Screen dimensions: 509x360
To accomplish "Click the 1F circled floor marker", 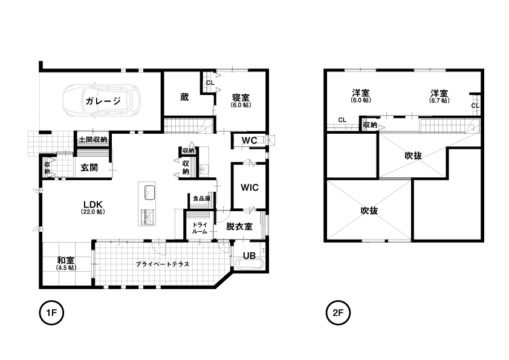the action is point(51,313).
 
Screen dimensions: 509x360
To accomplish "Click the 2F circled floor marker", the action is point(338,313).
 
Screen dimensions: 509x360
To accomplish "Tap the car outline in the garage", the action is point(102,100).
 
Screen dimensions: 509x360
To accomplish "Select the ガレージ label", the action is point(103,100).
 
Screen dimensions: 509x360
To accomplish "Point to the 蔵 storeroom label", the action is point(184,97).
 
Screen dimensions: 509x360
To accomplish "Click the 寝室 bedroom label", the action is point(241,97).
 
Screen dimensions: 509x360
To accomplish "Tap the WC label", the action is point(249,140).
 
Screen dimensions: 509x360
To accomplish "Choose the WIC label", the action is point(250,188).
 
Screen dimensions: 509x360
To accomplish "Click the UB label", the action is point(249,256).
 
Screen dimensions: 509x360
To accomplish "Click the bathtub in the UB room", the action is point(250,264).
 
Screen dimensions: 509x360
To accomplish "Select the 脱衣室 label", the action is point(239,226).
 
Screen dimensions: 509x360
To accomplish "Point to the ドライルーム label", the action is point(199,228).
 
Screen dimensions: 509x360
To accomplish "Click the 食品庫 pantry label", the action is point(201,198).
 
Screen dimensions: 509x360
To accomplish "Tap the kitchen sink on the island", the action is point(150,192).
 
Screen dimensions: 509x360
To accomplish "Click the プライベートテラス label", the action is point(162,264).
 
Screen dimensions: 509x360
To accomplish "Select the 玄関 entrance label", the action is point(89,168).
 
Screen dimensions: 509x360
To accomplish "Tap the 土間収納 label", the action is point(93,140).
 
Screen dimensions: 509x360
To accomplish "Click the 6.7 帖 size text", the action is point(439,100).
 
